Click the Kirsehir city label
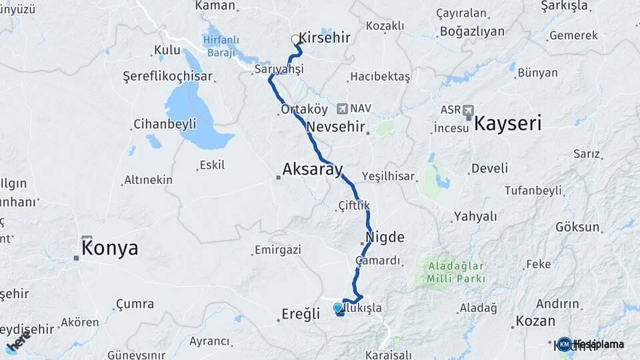(325, 37)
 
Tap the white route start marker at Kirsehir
(295, 39)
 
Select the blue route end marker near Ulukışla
(338, 308)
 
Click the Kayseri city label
(507, 123)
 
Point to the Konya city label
(110, 249)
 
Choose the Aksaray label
(312, 169)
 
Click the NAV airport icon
(343, 108)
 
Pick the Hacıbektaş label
(379, 77)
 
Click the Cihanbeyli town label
(165, 123)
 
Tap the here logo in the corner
(18, 341)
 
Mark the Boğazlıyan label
(472, 31)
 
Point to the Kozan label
(535, 321)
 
